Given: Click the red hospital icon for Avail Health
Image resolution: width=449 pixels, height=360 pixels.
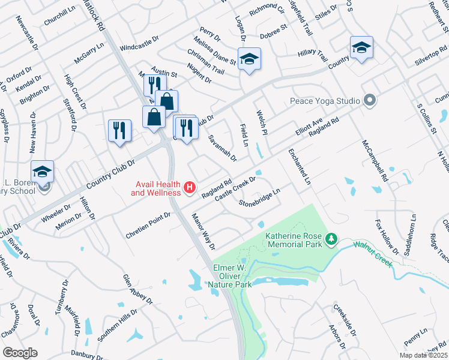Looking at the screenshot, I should tap(190, 188).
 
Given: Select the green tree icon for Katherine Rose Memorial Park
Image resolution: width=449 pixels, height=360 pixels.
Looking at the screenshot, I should tap(331, 240).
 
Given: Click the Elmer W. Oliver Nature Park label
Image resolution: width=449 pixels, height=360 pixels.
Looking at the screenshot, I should tap(230, 278).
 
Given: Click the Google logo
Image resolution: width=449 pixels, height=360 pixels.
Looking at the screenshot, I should tap(20, 353).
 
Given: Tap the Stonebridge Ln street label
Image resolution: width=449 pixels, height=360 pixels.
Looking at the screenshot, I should tap(260, 199).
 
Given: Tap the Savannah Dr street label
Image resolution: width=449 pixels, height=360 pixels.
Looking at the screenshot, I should tap(222, 148).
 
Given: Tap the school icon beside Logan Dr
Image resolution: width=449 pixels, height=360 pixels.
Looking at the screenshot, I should tap(249, 59).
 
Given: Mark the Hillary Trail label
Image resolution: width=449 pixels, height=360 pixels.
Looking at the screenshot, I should tap(312, 54).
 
